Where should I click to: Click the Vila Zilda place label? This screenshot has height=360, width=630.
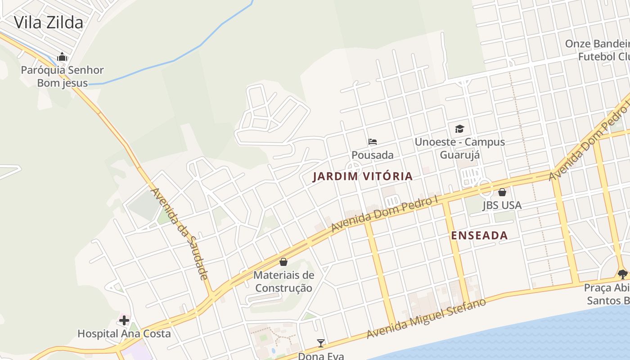(49, 22)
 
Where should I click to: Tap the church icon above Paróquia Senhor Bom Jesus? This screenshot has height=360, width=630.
(62, 57)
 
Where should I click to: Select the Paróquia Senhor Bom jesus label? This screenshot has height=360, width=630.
(63, 76)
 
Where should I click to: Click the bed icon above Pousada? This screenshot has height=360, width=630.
(373, 142)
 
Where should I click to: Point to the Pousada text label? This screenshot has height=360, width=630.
(373, 155)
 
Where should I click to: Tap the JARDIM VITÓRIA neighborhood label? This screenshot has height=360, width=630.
(363, 176)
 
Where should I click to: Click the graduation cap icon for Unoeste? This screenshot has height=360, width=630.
(459, 129)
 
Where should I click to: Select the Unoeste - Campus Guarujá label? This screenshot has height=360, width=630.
(459, 148)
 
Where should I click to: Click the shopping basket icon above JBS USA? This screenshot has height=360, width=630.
(502, 192)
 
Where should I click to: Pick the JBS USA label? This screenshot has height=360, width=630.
(502, 206)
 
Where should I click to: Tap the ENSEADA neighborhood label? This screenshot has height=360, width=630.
(479, 235)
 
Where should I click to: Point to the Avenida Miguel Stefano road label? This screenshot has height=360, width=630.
(426, 318)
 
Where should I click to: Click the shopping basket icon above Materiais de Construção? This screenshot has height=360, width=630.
(283, 261)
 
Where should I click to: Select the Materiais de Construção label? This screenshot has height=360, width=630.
(283, 281)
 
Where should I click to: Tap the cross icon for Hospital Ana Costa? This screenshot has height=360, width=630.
(124, 320)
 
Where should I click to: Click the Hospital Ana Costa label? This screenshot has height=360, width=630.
(124, 334)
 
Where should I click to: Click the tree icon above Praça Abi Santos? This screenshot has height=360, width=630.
(623, 274)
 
